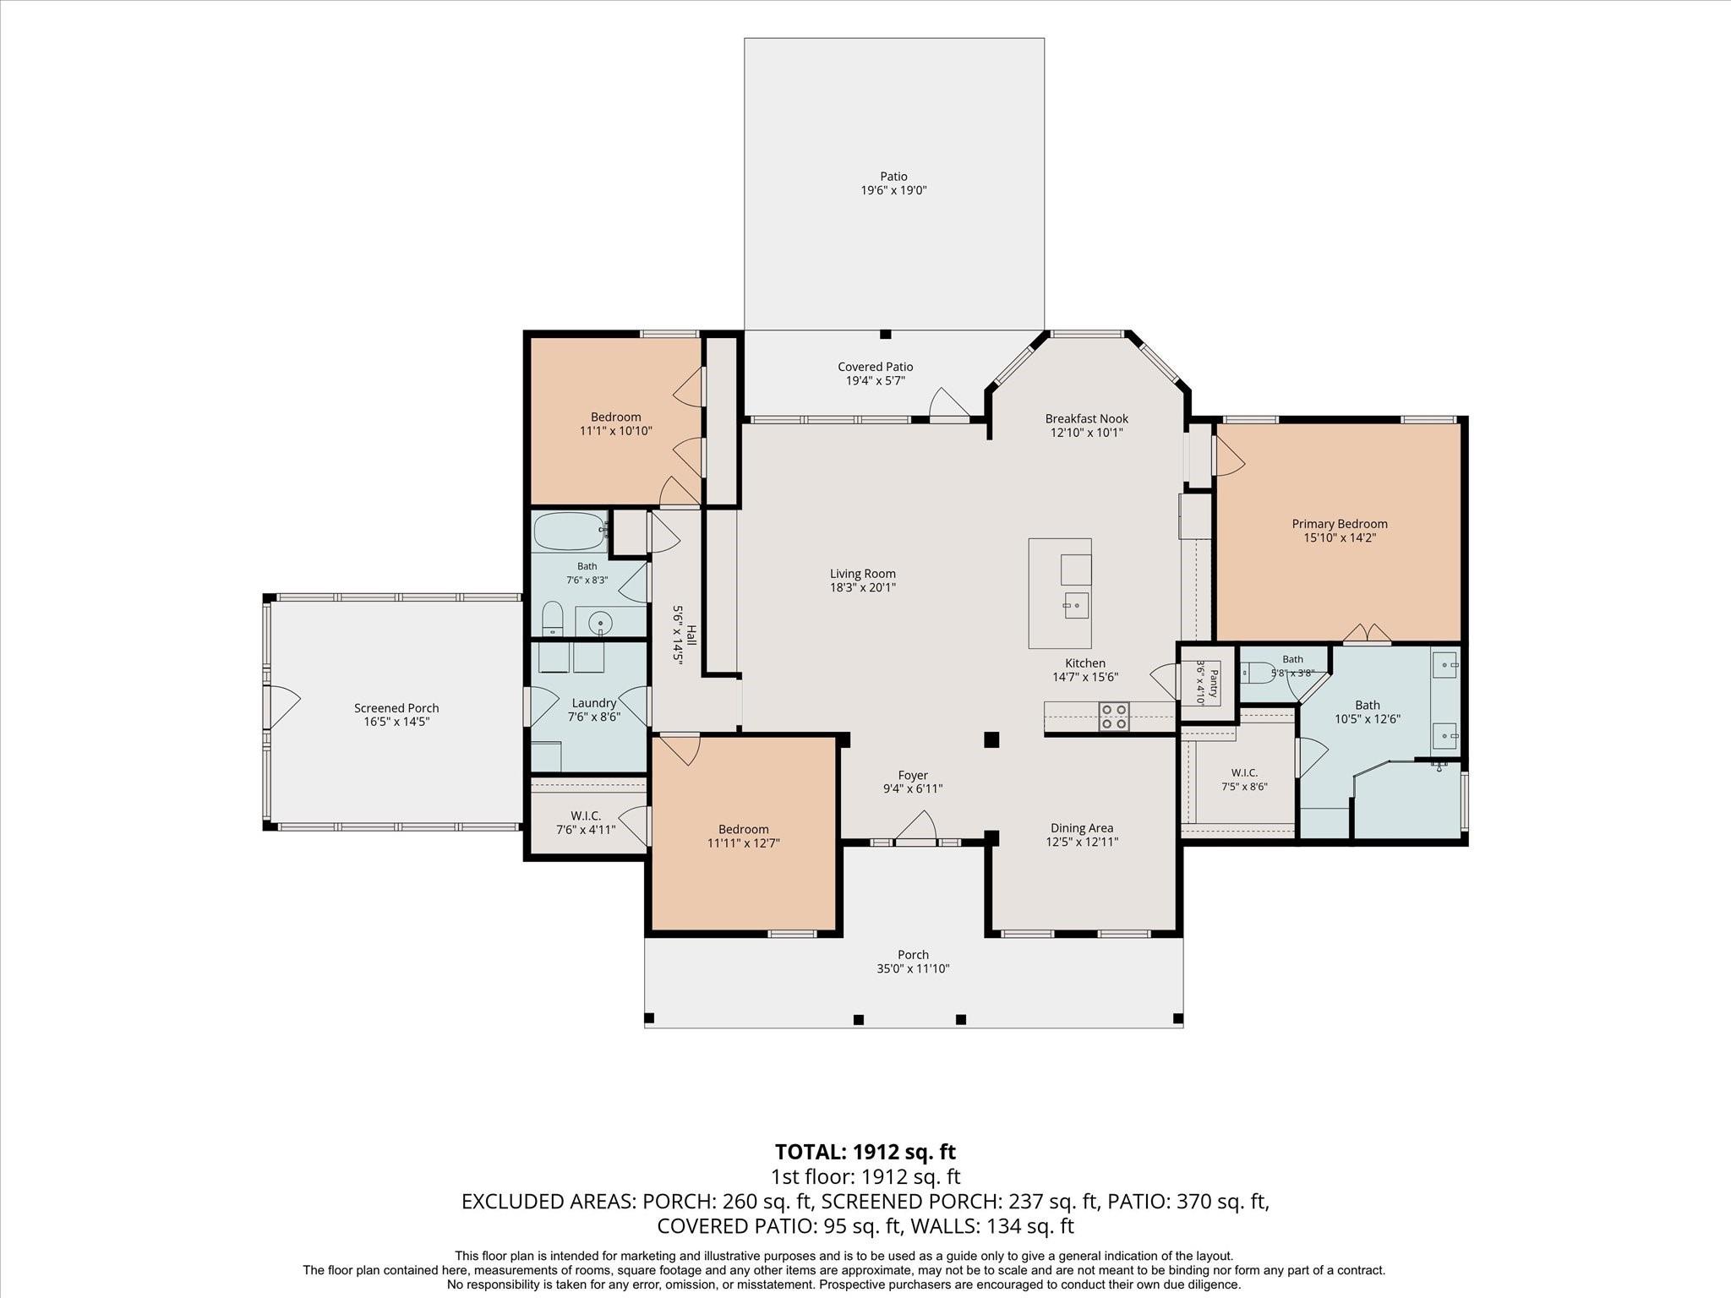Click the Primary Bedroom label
pyautogui.click(x=1340, y=524)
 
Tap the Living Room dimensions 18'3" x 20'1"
pyautogui.click(x=863, y=587)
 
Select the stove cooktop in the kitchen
pyautogui.click(x=1114, y=717)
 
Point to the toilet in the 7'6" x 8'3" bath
pyautogui.click(x=551, y=619)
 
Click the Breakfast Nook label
pyautogui.click(x=1087, y=418)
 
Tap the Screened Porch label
pyautogui.click(x=396, y=708)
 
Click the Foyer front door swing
pyautogui.click(x=916, y=826)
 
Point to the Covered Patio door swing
pyautogui.click(x=949, y=403)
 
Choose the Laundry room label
pyautogui.click(x=594, y=703)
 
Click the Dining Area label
pyautogui.click(x=1082, y=828)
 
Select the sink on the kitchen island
pyautogui.click(x=1077, y=605)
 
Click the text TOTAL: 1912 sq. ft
pyautogui.click(x=865, y=1152)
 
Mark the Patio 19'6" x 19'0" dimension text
pyautogui.click(x=894, y=190)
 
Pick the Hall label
pyautogui.click(x=691, y=635)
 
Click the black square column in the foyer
pyautogui.click(x=992, y=739)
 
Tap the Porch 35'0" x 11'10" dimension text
pyautogui.click(x=914, y=968)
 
